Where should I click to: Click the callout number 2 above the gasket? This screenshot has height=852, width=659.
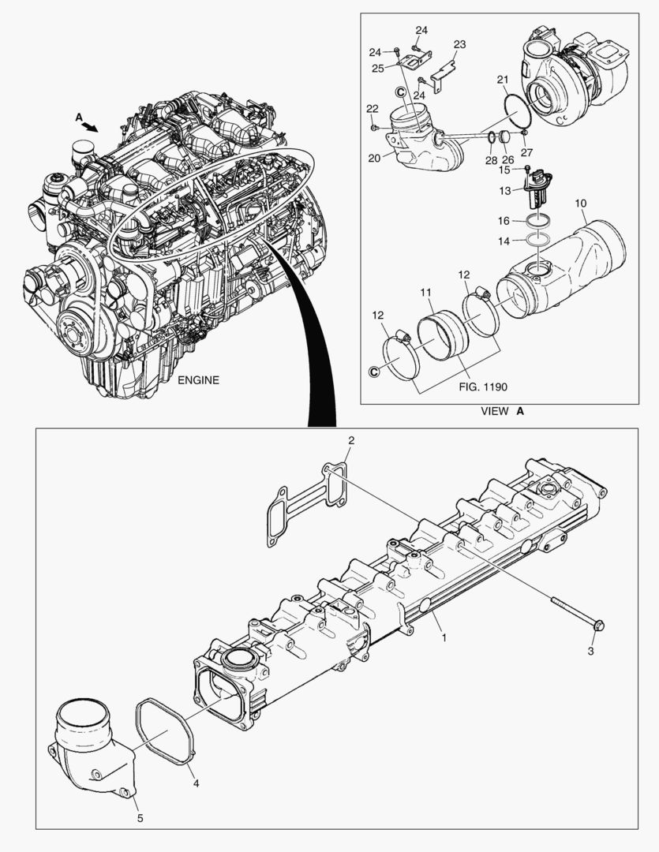pyautogui.click(x=352, y=440)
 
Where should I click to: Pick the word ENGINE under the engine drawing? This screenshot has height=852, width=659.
pyautogui.click(x=198, y=379)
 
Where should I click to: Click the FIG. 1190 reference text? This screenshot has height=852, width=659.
pyautogui.click(x=481, y=387)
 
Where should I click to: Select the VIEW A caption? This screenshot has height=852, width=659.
pyautogui.click(x=503, y=411)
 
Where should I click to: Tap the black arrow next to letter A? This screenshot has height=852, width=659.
pyautogui.click(x=91, y=126)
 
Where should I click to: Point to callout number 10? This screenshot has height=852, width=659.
pyautogui.click(x=580, y=204)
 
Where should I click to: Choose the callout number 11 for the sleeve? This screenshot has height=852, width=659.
pyautogui.click(x=426, y=292)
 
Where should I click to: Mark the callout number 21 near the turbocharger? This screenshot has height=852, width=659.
pyautogui.click(x=502, y=79)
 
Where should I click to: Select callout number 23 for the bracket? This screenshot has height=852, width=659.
pyautogui.click(x=459, y=44)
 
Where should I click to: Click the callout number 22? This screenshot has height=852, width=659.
pyautogui.click(x=372, y=107)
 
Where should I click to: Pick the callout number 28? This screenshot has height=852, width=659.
pyautogui.click(x=492, y=160)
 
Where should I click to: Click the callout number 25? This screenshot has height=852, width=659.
pyautogui.click(x=378, y=68)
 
